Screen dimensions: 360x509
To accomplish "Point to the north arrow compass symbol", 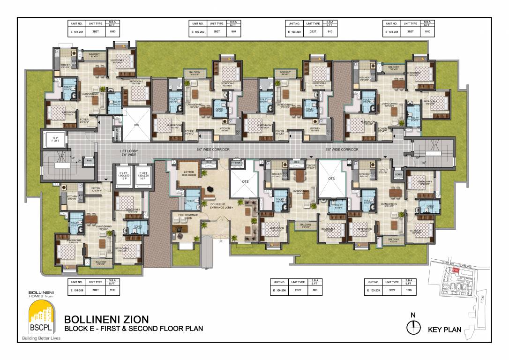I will [412, 328].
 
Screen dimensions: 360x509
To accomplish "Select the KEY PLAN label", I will [445, 330].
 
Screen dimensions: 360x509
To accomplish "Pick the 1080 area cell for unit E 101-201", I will [112, 32].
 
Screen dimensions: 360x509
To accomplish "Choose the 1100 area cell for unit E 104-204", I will [427, 32].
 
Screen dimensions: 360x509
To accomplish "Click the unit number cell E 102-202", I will [197, 32].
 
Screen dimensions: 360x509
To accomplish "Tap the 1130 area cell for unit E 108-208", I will [112, 291].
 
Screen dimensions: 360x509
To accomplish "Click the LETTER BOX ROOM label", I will [189, 173].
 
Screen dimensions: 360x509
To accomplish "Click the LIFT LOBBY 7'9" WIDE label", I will [128, 152].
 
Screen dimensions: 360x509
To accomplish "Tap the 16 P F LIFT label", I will [55, 139].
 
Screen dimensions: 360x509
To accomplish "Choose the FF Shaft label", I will [237, 162].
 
